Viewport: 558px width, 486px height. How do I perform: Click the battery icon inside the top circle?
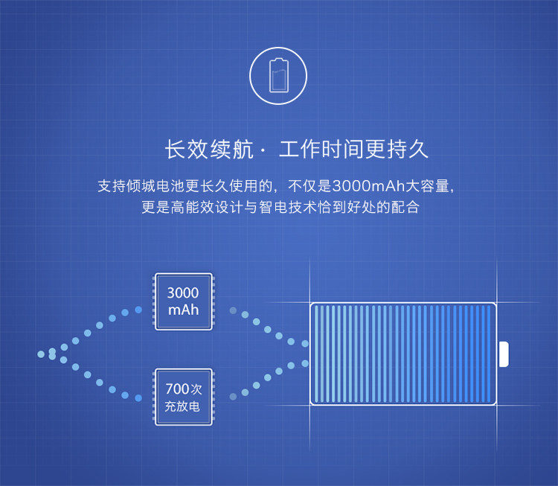[x=279, y=74]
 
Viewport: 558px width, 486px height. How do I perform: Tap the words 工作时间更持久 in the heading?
[x=354, y=149]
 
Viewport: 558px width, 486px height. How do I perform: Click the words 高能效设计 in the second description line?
[x=201, y=207]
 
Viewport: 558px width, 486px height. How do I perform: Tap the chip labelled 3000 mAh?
[x=183, y=301]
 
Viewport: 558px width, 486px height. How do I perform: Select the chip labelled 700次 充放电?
[x=183, y=397]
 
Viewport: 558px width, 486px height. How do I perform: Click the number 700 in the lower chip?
[x=177, y=389]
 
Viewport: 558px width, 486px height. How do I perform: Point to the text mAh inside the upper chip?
[x=183, y=310]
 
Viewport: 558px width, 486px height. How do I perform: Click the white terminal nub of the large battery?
[x=504, y=354]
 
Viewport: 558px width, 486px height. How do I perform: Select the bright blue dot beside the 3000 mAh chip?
[x=138, y=309]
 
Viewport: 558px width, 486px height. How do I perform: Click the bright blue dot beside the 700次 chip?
[x=138, y=398]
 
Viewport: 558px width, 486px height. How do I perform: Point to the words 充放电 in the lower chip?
[x=182, y=406]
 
